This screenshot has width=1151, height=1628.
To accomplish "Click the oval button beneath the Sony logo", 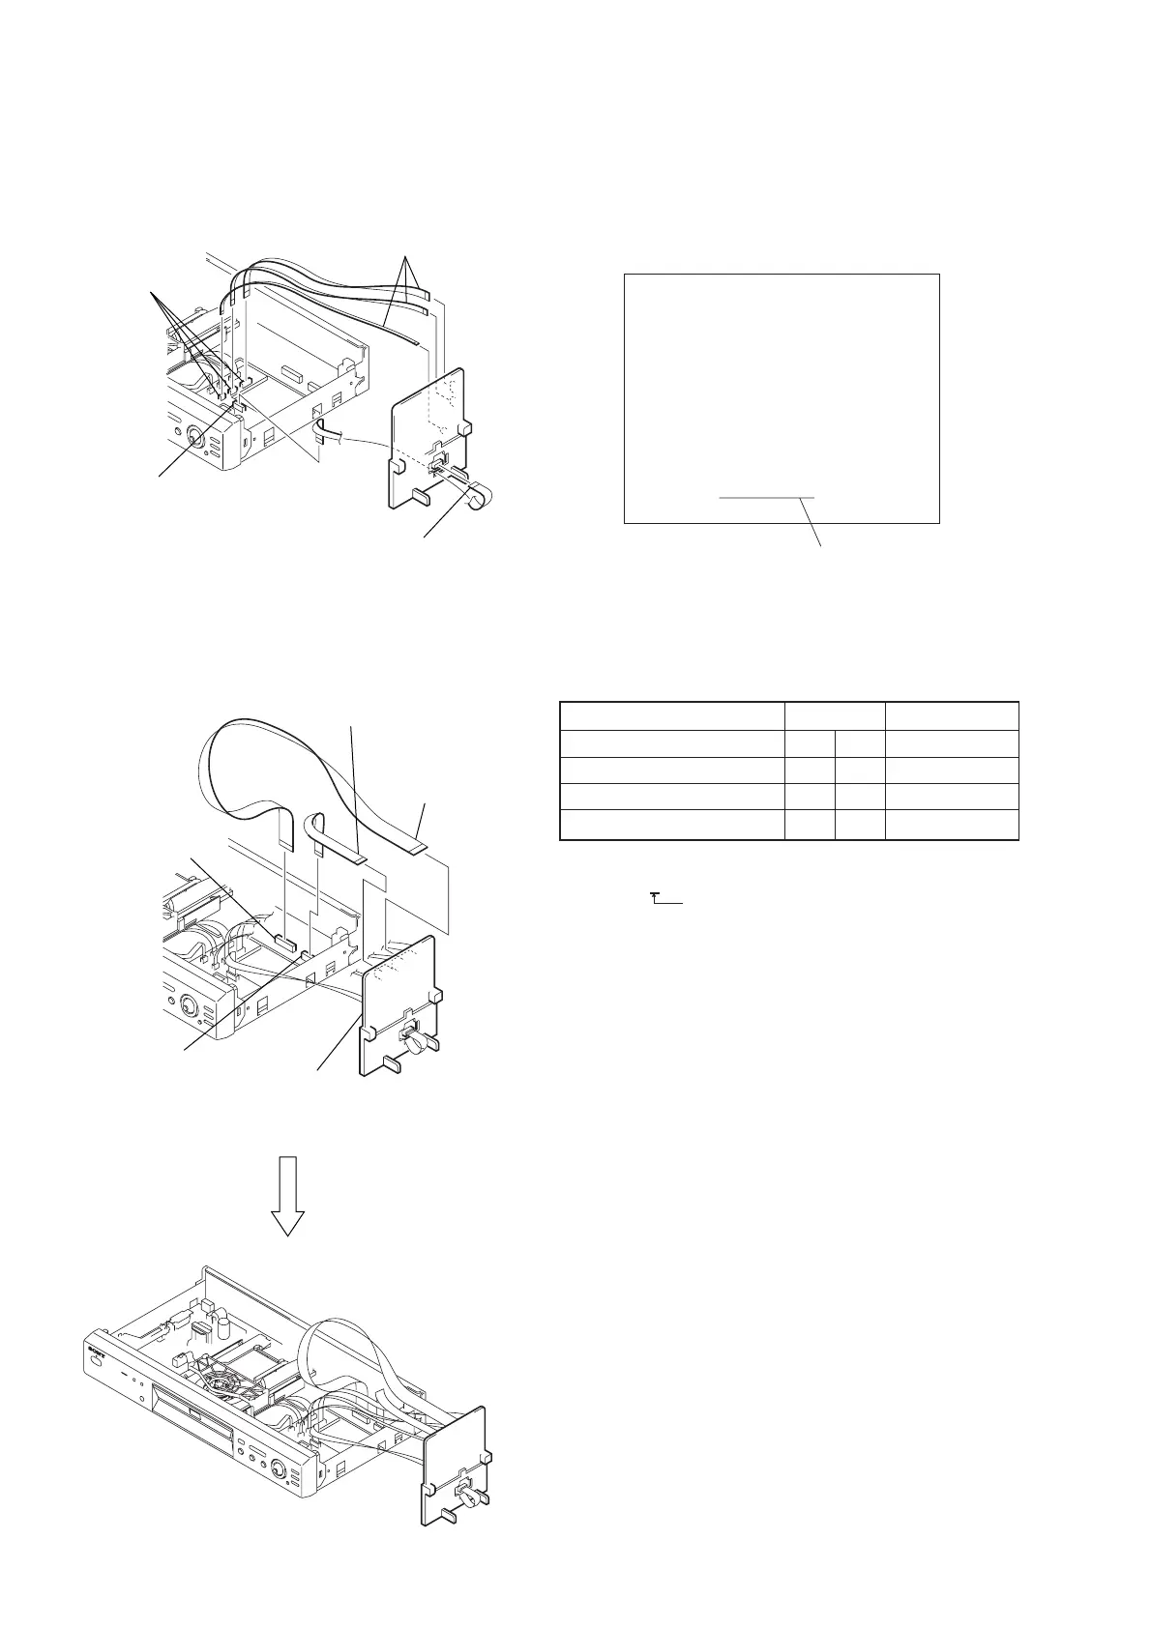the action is coord(95,1363).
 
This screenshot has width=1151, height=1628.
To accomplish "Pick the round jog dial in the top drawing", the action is coord(194,438).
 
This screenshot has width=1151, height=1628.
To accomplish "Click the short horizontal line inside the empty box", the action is coord(767,497).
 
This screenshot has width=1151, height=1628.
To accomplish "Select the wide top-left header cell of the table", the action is coord(672,716).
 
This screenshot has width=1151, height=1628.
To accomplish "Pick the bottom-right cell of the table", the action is coord(952,825).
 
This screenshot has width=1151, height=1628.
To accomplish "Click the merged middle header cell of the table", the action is coord(835,716).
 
